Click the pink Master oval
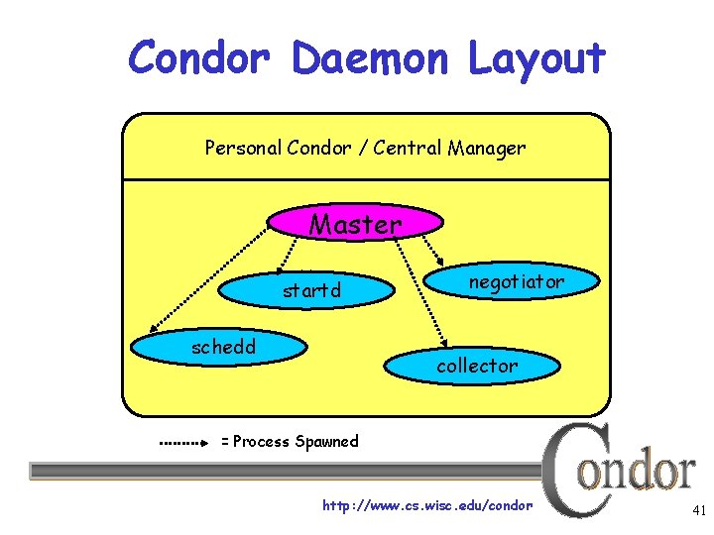click(355, 224)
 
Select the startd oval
click(311, 291)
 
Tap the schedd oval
click(223, 347)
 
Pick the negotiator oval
click(516, 282)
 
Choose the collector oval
click(477, 366)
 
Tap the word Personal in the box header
click(242, 149)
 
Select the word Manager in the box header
click(486, 149)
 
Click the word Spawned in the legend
click(326, 442)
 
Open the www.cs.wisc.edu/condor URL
click(427, 506)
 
